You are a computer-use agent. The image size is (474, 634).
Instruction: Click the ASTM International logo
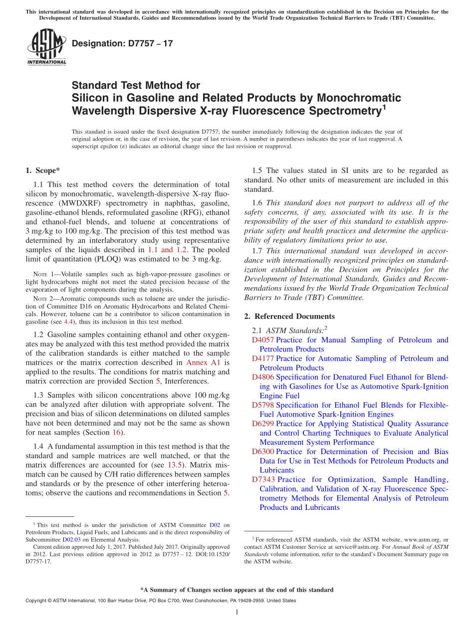click(x=46, y=47)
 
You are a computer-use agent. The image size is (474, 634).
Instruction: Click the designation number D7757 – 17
click(x=122, y=43)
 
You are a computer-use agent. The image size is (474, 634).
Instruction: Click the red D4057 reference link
click(x=263, y=340)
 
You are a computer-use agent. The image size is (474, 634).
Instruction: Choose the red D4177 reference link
click(x=263, y=358)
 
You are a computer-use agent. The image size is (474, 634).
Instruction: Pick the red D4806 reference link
click(x=263, y=377)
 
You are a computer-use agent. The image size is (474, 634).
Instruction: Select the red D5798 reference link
click(x=263, y=405)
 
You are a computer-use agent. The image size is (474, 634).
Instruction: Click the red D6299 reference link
click(x=263, y=424)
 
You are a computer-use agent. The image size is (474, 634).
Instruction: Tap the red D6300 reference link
click(x=263, y=452)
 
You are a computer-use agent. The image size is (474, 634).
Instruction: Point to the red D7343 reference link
click(x=263, y=479)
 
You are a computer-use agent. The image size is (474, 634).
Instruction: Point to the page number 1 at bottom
click(x=237, y=613)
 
